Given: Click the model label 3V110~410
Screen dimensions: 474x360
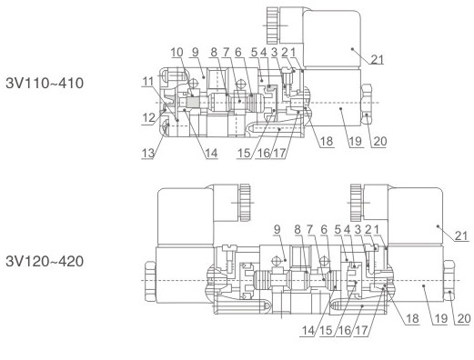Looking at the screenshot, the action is [x=45, y=83].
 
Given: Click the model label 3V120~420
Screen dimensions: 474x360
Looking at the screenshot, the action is [x=45, y=261].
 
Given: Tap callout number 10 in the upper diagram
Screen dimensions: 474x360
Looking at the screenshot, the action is [x=176, y=52].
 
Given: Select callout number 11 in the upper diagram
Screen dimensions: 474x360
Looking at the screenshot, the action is [x=148, y=82].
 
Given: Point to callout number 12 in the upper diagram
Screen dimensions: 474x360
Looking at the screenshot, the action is [x=149, y=118].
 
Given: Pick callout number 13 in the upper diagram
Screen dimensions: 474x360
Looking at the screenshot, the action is [x=148, y=154].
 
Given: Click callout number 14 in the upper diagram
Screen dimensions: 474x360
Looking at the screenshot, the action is [x=211, y=154].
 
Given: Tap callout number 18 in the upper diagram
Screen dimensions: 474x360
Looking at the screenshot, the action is [x=327, y=141].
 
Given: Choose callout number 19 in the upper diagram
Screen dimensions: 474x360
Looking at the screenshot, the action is [x=355, y=141].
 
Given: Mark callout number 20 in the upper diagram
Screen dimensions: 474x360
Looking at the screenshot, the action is [x=380, y=141].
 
